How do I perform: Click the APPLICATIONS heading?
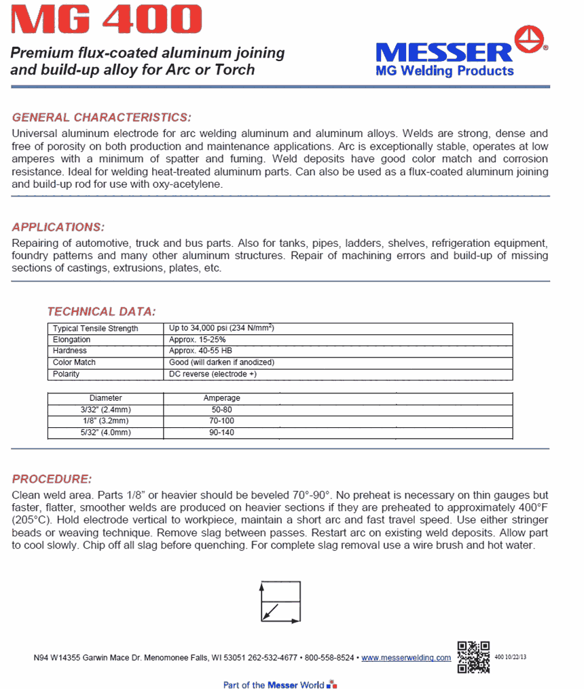tap(58, 227)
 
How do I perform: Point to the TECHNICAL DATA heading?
tap(101, 312)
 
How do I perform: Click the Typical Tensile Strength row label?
tap(95, 329)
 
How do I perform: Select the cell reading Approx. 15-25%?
tap(197, 340)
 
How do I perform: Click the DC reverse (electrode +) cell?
tap(213, 374)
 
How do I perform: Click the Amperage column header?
tap(222, 399)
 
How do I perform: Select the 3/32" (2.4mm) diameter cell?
tap(106, 410)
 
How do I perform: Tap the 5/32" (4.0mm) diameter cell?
tap(106, 433)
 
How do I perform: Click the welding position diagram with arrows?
tap(280, 602)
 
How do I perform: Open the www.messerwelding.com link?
tap(406, 658)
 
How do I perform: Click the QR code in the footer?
tap(473, 656)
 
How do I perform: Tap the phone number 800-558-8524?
tap(329, 658)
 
